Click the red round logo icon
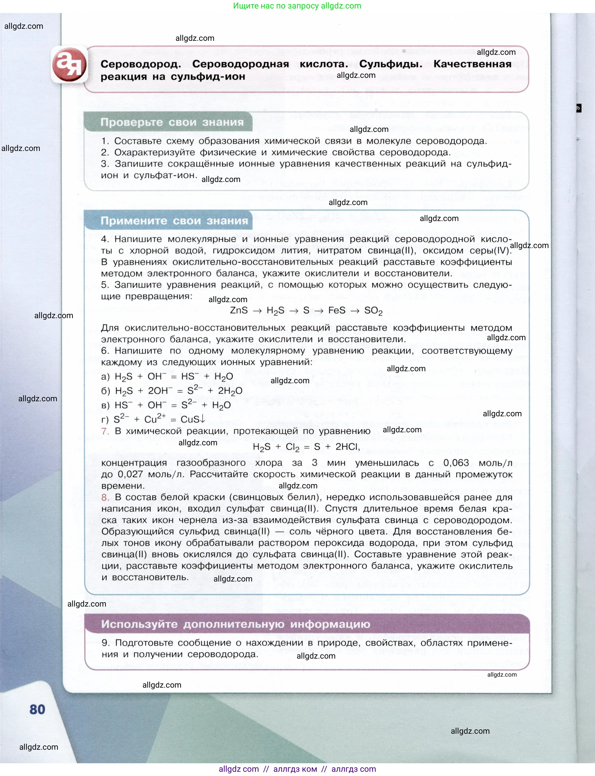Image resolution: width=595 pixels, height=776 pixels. pyautogui.click(x=69, y=65)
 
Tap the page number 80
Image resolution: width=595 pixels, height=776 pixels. pyautogui.click(x=37, y=709)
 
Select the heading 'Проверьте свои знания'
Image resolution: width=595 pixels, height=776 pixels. pyautogui.click(x=172, y=122)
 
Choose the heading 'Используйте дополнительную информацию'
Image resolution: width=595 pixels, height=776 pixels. pyautogui.click(x=236, y=624)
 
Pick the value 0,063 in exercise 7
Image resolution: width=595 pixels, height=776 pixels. pyautogui.click(x=456, y=463)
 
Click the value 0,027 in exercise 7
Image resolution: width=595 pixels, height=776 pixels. pyautogui.click(x=130, y=474)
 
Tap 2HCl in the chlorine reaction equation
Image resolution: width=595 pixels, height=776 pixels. pyautogui.click(x=347, y=447)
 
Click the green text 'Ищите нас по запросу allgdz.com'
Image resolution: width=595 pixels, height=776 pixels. pyautogui.click(x=297, y=6)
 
